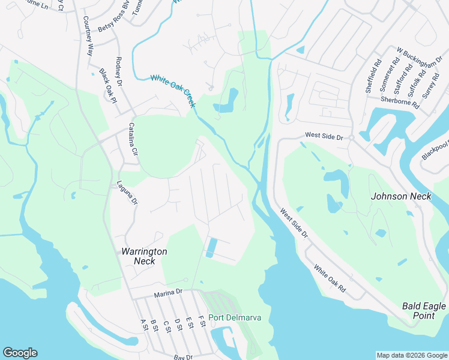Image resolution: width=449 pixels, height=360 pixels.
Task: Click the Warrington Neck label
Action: click(x=144, y=256)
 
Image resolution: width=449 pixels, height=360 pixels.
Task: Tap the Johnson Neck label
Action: click(x=401, y=196)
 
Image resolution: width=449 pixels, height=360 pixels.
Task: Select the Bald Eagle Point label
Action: click(x=424, y=311)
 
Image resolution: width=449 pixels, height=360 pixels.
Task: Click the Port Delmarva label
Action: click(x=235, y=317)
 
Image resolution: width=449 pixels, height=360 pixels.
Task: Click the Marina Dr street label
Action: click(x=167, y=292)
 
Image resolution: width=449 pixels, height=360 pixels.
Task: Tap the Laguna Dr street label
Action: click(x=127, y=193)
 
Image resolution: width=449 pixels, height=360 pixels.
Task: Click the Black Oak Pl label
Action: click(x=107, y=85)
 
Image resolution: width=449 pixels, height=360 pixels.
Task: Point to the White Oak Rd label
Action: click(x=330, y=280)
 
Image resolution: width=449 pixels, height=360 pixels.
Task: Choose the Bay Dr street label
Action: click(x=182, y=357)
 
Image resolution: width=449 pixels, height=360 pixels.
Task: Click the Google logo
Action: click(x=20, y=353)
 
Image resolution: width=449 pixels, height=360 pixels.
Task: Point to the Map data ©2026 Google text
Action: click(x=411, y=355)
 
